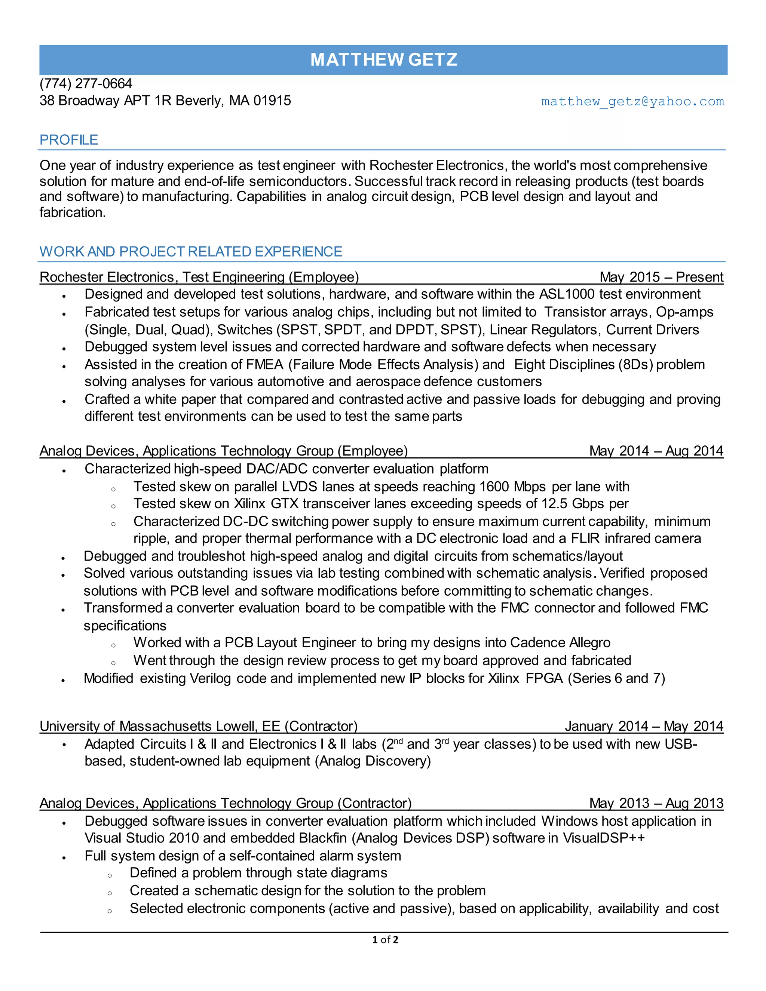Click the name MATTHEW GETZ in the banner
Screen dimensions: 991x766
(383, 60)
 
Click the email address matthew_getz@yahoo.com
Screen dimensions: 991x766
(632, 101)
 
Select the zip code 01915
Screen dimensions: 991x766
(272, 100)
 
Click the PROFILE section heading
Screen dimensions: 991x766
(68, 140)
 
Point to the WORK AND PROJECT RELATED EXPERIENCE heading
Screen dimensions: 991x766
(191, 251)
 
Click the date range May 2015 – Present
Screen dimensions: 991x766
(661, 277)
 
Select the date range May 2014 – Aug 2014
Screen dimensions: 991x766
(656, 451)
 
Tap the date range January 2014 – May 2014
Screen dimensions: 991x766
(643, 726)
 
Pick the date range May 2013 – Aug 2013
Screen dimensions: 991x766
(656, 803)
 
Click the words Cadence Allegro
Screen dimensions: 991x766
(560, 642)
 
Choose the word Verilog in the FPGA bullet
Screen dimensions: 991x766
(211, 678)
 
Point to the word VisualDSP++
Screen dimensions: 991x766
(604, 838)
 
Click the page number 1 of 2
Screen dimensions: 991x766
(385, 940)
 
